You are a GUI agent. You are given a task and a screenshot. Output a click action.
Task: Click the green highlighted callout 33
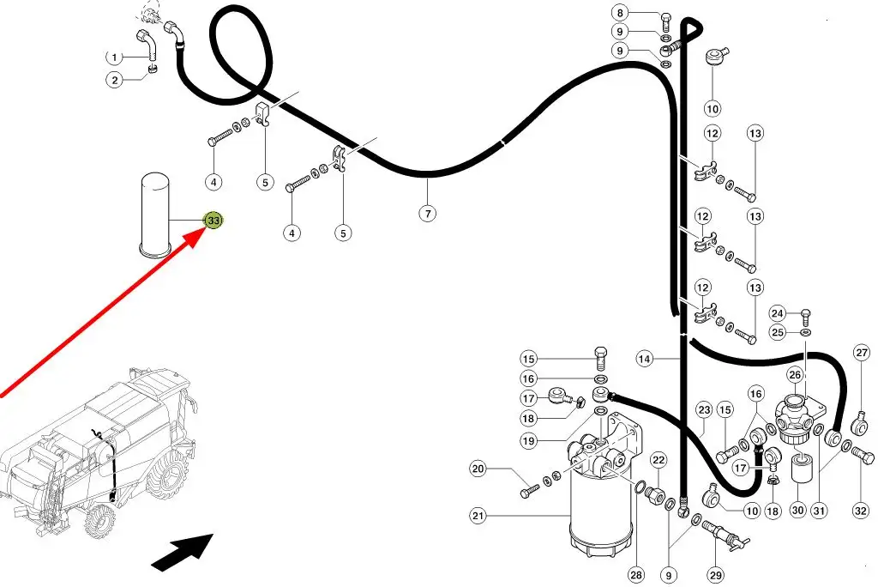pyautogui.click(x=213, y=221)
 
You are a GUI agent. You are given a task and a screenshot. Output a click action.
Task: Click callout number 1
pyautogui.click(x=115, y=57)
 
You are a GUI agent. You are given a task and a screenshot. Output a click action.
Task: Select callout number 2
pyautogui.click(x=115, y=81)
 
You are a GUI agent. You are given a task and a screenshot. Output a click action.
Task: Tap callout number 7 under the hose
pyautogui.click(x=427, y=214)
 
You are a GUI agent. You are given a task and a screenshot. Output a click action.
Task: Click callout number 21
pyautogui.click(x=478, y=516)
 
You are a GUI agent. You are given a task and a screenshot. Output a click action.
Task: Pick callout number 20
pyautogui.click(x=478, y=469)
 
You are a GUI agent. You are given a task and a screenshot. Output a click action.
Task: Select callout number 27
pyautogui.click(x=861, y=352)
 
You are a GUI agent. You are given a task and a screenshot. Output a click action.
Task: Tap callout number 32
pyautogui.click(x=861, y=511)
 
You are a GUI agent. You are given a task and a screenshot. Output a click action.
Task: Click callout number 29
pyautogui.click(x=716, y=573)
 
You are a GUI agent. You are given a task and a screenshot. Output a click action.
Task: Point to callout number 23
pyautogui.click(x=704, y=409)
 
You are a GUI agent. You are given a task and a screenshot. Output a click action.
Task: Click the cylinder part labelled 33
pyautogui.click(x=156, y=215)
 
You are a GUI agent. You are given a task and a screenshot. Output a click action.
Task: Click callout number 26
pyautogui.click(x=795, y=374)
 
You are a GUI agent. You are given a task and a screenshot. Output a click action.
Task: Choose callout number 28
pyautogui.click(x=635, y=574)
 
